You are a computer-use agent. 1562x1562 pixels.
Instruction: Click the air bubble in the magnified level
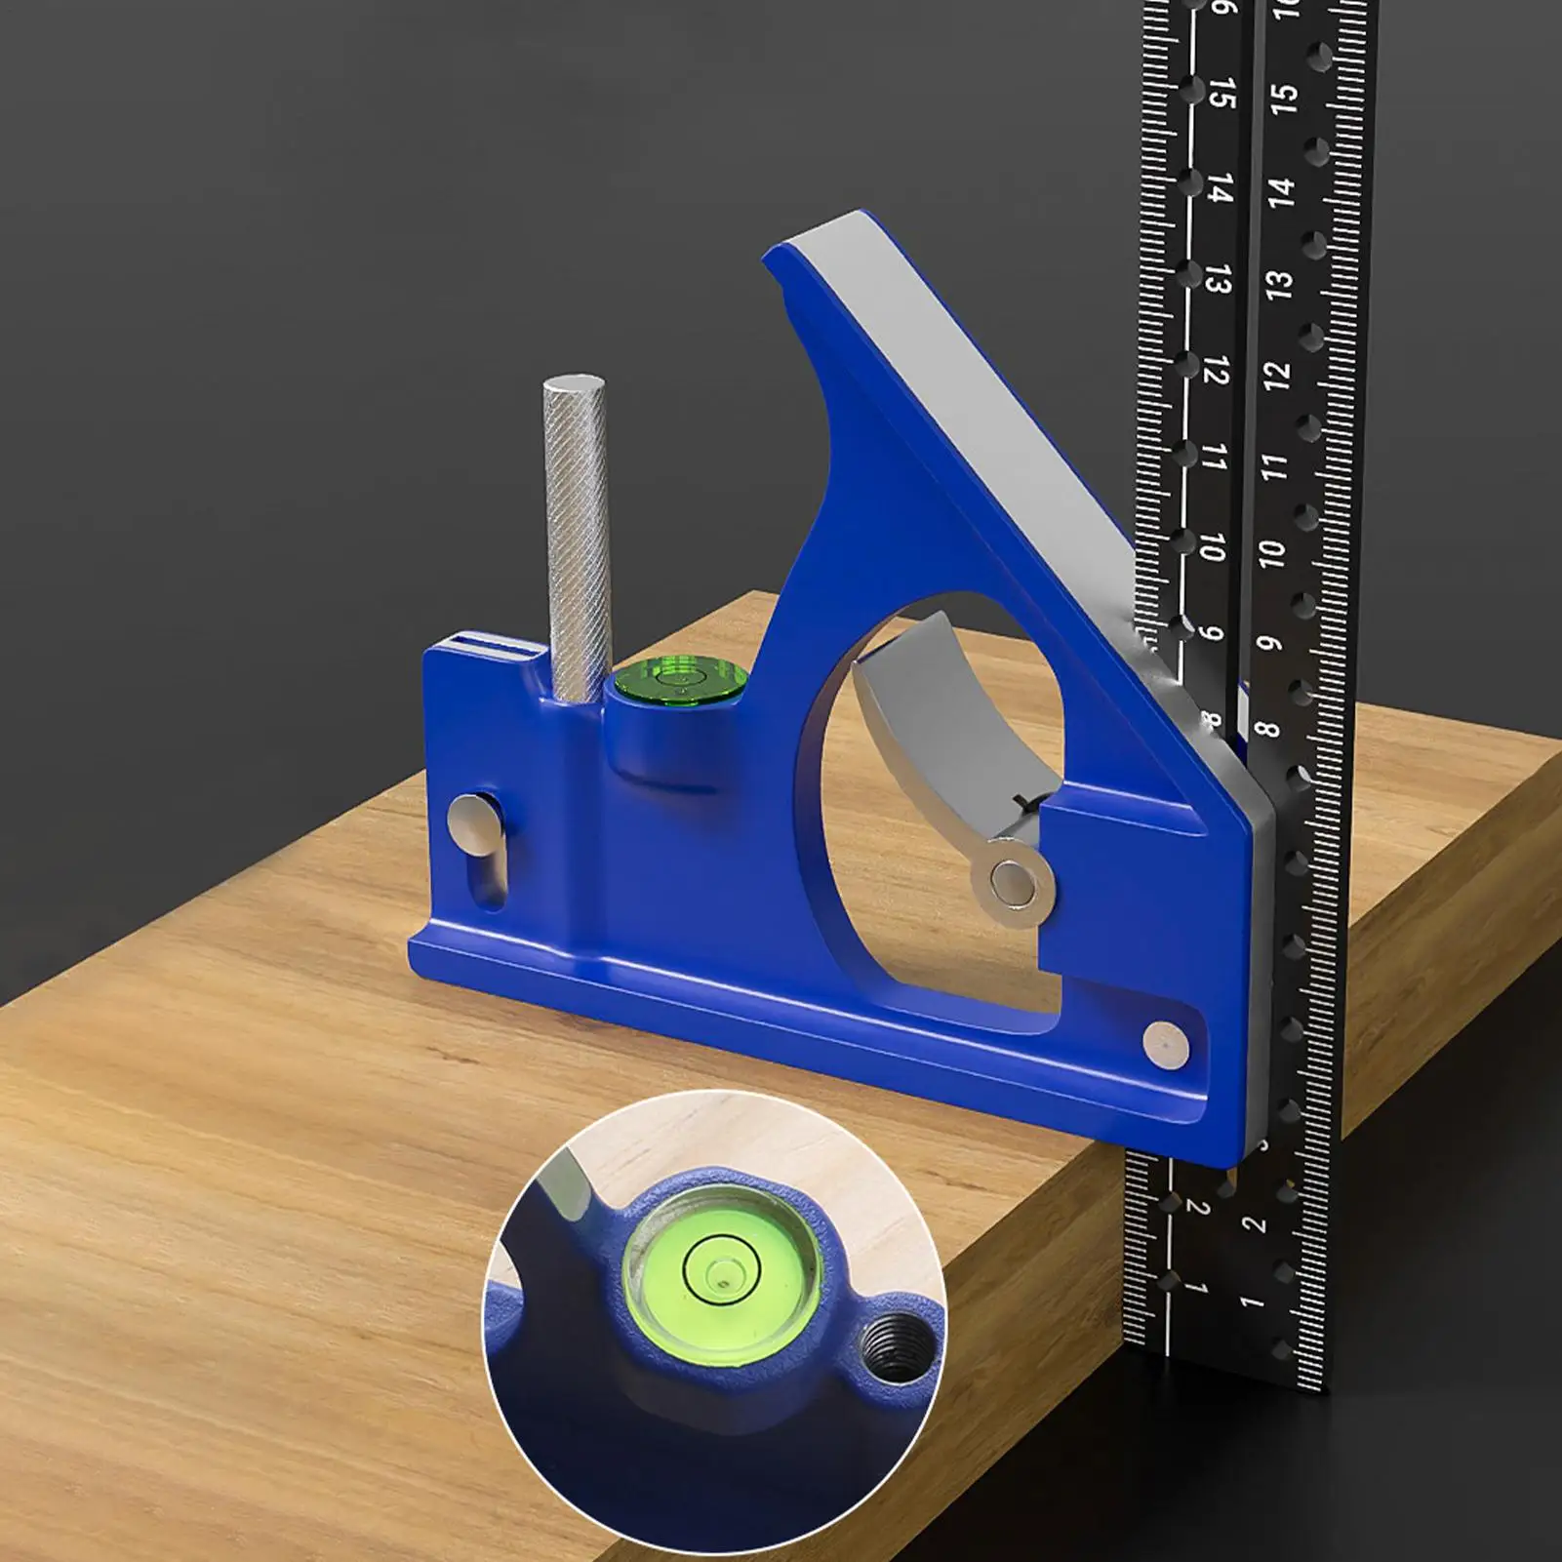723,1272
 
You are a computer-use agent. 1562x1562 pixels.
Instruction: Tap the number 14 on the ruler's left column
1221,188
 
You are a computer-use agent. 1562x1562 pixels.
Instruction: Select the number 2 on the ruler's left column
1198,1208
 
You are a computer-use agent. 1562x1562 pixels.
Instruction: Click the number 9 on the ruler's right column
1267,644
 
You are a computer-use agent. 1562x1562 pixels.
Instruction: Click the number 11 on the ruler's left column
1213,457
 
